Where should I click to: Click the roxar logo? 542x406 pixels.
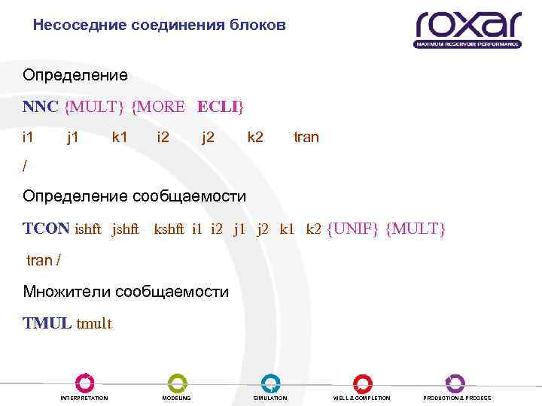(x=467, y=28)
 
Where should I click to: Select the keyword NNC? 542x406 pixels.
(x=40, y=107)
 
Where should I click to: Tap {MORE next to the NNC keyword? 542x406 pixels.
(x=157, y=107)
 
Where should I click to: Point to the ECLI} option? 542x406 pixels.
(x=220, y=107)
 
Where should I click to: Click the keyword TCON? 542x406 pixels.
(x=46, y=228)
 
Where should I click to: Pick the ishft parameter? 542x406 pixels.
(x=90, y=229)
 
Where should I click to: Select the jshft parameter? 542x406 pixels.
(x=125, y=229)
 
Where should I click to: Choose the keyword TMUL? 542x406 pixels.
(x=47, y=323)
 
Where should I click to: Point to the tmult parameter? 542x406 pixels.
(x=94, y=324)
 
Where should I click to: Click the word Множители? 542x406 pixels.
(x=66, y=291)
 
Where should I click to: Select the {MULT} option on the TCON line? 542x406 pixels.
(x=415, y=228)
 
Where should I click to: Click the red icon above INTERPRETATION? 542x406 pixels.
(x=84, y=382)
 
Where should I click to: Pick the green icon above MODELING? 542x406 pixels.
(x=177, y=382)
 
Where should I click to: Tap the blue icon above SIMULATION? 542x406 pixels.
(x=270, y=382)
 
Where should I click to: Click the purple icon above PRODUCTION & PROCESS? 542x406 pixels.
(x=455, y=382)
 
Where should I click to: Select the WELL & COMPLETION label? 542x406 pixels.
(x=362, y=398)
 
